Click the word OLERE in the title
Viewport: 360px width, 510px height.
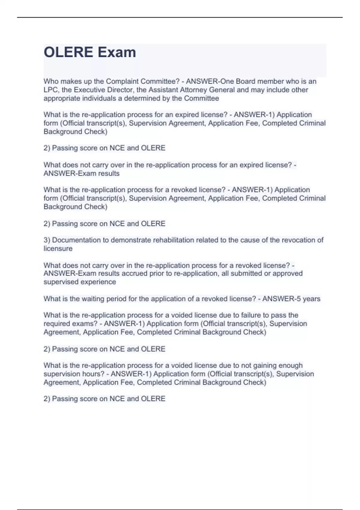pos(68,52)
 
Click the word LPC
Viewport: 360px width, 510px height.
pos(51,90)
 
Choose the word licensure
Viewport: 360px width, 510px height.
pos(58,248)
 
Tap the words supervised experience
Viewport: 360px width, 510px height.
pos(79,282)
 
